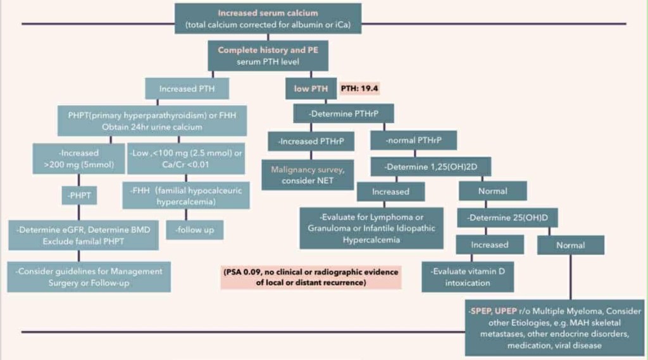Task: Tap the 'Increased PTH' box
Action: click(x=187, y=89)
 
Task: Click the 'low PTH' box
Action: click(x=311, y=89)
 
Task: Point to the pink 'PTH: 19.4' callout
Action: click(x=364, y=89)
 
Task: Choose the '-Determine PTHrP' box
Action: click(x=344, y=113)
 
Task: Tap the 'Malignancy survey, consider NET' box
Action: click(x=306, y=175)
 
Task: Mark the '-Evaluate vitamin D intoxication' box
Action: click(x=468, y=276)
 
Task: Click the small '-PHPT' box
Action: click(x=78, y=196)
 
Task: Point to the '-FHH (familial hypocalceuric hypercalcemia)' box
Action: click(x=186, y=196)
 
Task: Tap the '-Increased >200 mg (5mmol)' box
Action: click(x=78, y=158)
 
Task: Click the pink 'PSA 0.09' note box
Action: click(x=311, y=277)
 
